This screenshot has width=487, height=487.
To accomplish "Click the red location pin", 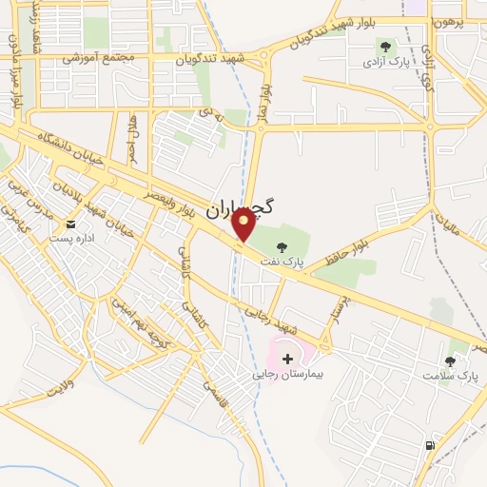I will tap(244, 224).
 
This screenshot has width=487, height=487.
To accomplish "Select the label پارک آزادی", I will tap(382, 62).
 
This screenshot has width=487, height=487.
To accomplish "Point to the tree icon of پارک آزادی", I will tap(385, 45).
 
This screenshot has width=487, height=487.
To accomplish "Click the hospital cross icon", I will tap(288, 359).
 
